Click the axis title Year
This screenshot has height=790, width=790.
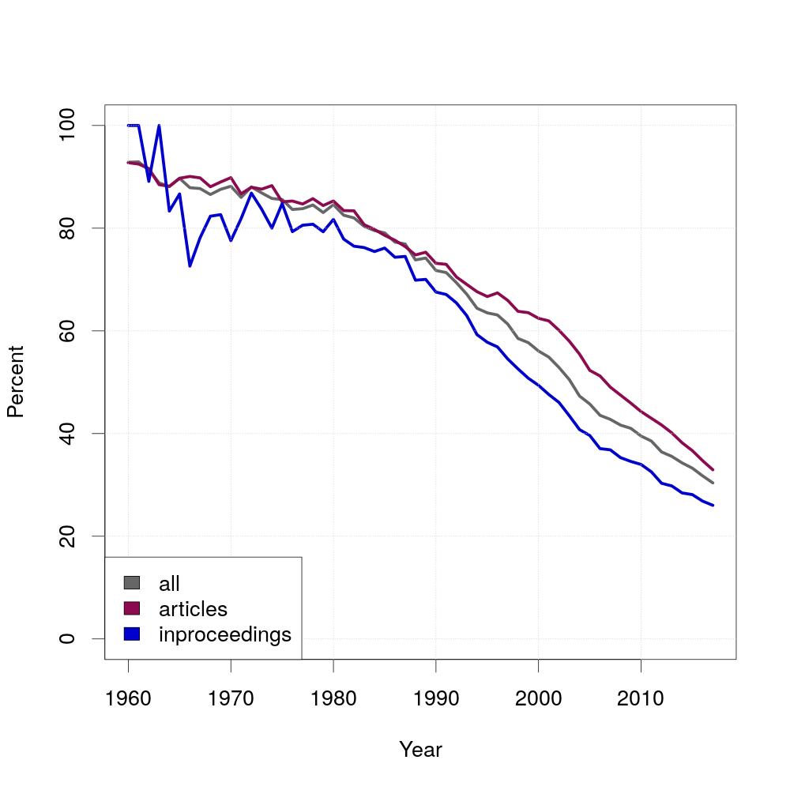[420, 750]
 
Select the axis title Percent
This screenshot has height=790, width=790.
[16, 382]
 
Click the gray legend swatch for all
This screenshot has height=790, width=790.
[132, 583]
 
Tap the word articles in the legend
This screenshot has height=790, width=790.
[193, 609]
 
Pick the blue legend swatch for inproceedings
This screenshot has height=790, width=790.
[132, 634]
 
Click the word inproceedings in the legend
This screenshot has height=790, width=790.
[225, 634]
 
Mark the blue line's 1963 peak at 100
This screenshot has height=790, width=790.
[159, 126]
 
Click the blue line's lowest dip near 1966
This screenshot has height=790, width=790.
[190, 265]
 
